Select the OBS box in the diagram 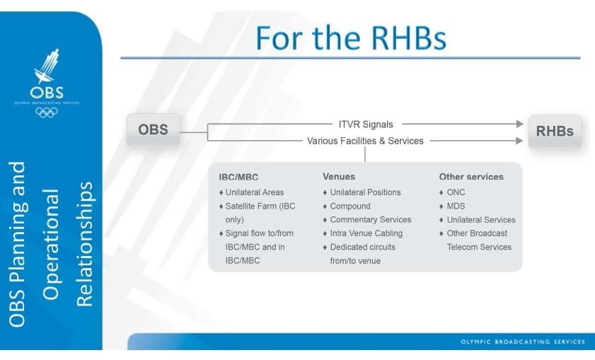[x=153, y=131]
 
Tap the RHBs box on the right [x=555, y=131]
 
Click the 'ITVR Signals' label [x=365, y=124]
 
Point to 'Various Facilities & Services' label [x=365, y=141]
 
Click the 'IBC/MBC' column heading [x=238, y=177]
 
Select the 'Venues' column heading [x=339, y=177]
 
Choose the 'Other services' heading [x=471, y=177]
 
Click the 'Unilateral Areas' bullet [x=254, y=192]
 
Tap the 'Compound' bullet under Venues [x=350, y=206]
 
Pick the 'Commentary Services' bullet [x=370, y=220]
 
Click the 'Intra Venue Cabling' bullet [x=366, y=233]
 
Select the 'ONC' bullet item [x=456, y=192]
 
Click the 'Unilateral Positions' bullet [x=365, y=192]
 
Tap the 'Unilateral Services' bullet [x=481, y=220]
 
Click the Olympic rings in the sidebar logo [x=47, y=112]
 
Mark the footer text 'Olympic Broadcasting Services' [x=522, y=342]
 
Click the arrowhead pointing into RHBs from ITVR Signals [x=519, y=124]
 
